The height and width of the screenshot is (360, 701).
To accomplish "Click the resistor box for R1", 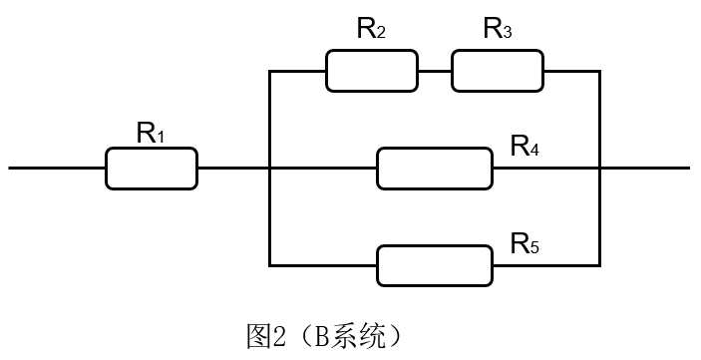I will pyautogui.click(x=152, y=168).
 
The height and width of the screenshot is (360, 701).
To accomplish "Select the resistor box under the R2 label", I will pyautogui.click(x=372, y=72).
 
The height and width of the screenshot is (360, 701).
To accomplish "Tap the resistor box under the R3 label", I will pyautogui.click(x=498, y=72).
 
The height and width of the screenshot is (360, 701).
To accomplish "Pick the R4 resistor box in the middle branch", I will pyautogui.click(x=435, y=168).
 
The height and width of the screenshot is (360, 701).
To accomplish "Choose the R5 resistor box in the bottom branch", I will pyautogui.click(x=435, y=264).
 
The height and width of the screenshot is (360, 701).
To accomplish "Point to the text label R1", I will pyautogui.click(x=151, y=132).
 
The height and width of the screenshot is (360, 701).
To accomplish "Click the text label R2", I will pyautogui.click(x=372, y=30).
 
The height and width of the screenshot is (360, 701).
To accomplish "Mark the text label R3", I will pyautogui.click(x=498, y=30).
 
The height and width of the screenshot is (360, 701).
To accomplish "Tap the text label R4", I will pyautogui.click(x=526, y=147).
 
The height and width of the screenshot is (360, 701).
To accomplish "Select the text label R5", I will pyautogui.click(x=526, y=242).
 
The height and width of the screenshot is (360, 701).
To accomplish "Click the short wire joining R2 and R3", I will pyautogui.click(x=435, y=72).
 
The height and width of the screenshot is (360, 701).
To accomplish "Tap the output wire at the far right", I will pyautogui.click(x=645, y=168).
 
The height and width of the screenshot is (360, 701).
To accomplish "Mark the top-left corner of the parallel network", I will pyautogui.click(x=270, y=72).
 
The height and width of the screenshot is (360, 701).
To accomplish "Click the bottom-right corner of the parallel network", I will pyautogui.click(x=599, y=264).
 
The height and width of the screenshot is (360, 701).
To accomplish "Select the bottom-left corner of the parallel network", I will pyautogui.click(x=270, y=264).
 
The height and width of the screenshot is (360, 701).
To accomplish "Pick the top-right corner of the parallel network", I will pyautogui.click(x=599, y=72).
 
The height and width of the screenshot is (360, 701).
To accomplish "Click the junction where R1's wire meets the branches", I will pyautogui.click(x=270, y=168).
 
